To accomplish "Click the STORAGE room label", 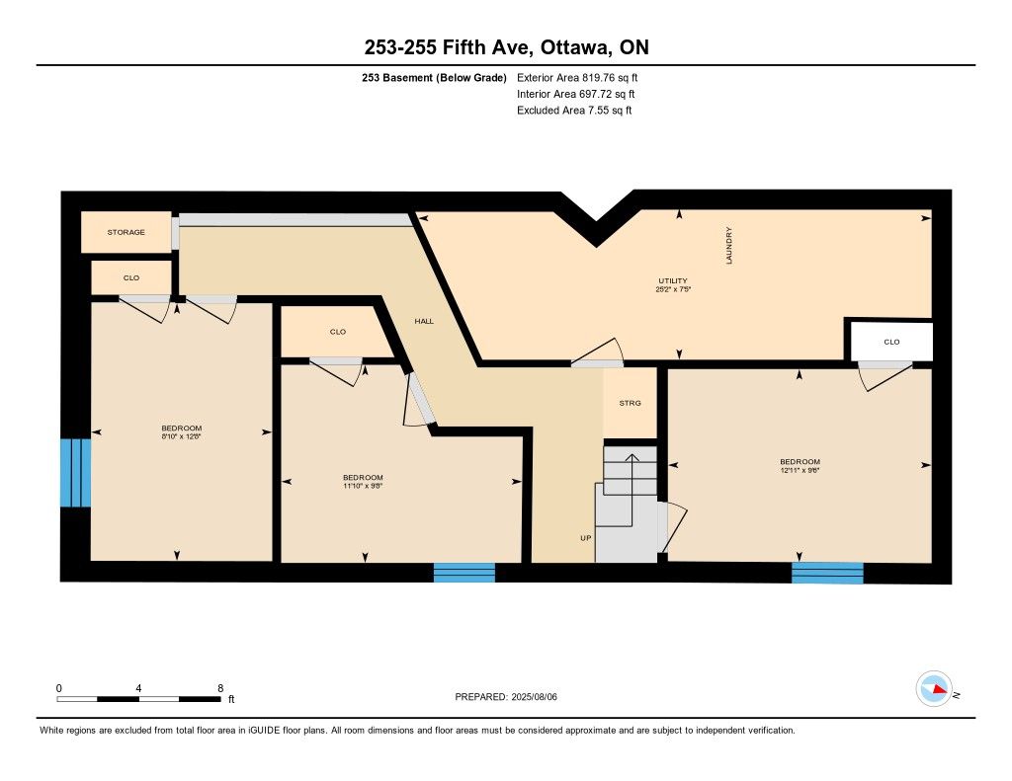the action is tap(126, 232).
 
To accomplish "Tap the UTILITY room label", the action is tap(672, 280).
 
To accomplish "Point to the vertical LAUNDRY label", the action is tap(728, 245).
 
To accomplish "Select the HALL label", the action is tap(424, 321).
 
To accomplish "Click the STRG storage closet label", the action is tap(630, 403).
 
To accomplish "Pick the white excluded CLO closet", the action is tap(891, 342).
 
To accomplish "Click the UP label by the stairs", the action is tap(585, 538).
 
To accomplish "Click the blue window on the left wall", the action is tap(75, 473).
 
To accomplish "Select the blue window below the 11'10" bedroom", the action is tap(464, 573).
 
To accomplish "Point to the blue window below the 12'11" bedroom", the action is tap(827, 574).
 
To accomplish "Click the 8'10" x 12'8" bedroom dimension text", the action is tap(182, 436).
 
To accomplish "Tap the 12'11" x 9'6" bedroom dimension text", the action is tap(800, 470).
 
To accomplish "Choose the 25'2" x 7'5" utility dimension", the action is tap(673, 289).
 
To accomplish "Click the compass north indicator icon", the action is tap(934, 689).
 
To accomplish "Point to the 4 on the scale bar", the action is tap(138, 688).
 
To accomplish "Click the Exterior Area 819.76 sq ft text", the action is tap(577, 77).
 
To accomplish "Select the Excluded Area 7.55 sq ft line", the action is tap(574, 111).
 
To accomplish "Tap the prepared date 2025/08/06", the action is tap(535, 696).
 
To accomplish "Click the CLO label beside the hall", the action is tap(338, 332).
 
